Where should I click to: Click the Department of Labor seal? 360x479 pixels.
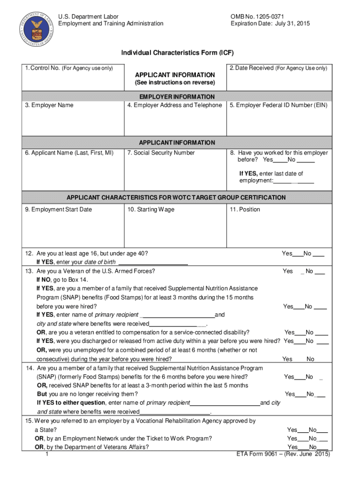click(36, 26)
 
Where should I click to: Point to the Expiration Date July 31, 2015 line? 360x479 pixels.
click(270, 24)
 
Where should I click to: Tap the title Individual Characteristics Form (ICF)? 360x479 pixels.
click(177, 53)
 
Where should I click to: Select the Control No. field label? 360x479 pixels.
click(69, 68)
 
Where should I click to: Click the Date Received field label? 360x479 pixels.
click(279, 68)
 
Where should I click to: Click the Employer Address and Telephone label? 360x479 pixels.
click(174, 105)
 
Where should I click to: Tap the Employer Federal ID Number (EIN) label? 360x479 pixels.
click(279, 105)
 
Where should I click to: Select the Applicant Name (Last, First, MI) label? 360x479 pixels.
click(69, 153)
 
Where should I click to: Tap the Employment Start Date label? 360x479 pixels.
click(58, 210)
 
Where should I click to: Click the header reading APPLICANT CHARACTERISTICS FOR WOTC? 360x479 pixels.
click(176, 197)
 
